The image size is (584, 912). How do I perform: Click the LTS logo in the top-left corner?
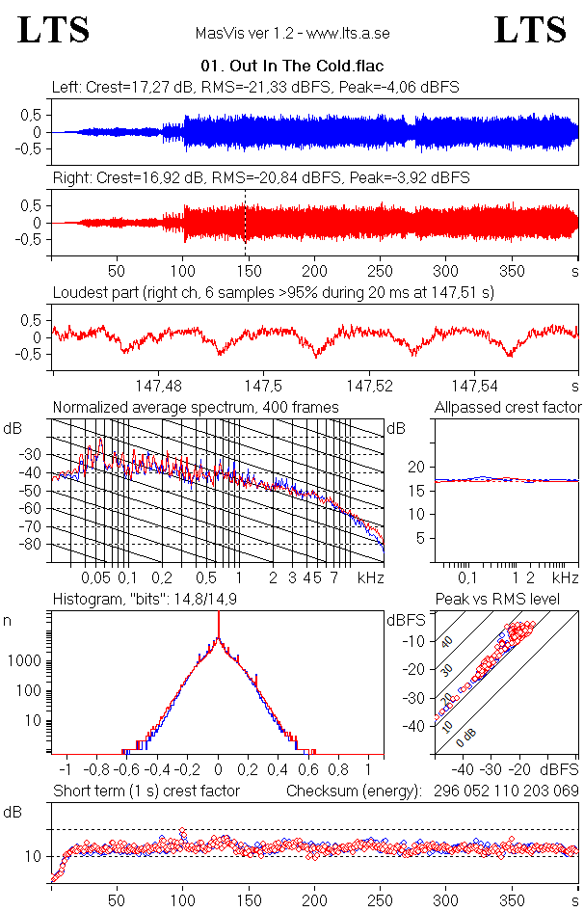pos(54,30)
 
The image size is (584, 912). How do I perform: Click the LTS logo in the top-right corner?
pos(530,30)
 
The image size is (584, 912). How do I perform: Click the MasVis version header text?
pos(292,33)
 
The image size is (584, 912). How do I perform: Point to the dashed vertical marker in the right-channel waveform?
pos(246,222)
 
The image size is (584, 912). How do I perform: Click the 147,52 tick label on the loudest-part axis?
pos(370,386)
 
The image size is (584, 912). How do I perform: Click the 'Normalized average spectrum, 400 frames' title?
pos(196,407)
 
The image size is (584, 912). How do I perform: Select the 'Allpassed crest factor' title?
pos(508,407)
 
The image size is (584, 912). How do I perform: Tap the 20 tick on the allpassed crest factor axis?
pos(416,467)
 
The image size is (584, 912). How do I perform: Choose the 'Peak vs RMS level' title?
pos(510,600)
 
